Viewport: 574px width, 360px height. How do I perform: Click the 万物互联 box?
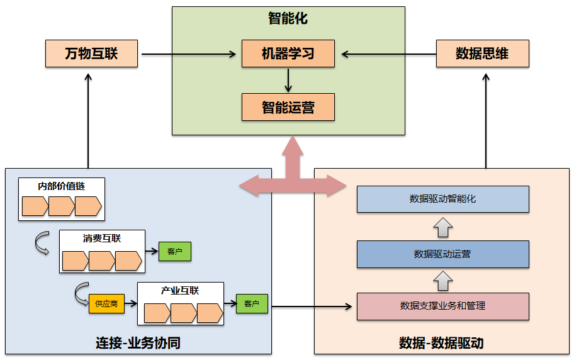91,53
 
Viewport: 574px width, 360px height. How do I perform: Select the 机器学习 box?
288,53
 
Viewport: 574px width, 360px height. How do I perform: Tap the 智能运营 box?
288,107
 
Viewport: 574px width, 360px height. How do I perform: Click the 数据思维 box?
482,53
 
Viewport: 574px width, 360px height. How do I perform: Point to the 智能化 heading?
288,18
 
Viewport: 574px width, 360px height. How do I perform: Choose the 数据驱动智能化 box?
442,199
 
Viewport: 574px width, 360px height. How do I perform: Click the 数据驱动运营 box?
442,254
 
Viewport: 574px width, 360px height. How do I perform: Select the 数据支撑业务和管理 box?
442,307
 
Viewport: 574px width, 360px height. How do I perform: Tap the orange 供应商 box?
106,303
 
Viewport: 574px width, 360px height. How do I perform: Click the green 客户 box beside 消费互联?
174,252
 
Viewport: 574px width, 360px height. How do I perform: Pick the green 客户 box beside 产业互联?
252,304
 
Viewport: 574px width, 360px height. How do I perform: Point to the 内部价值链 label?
61,186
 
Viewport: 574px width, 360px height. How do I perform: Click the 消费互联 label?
102,239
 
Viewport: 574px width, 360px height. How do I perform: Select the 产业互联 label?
180,291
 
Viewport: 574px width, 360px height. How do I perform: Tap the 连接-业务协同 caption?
138,343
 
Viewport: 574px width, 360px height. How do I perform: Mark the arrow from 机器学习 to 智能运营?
288,80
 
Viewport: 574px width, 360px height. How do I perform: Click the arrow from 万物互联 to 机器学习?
189,54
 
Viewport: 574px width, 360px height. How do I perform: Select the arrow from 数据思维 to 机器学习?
385,54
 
